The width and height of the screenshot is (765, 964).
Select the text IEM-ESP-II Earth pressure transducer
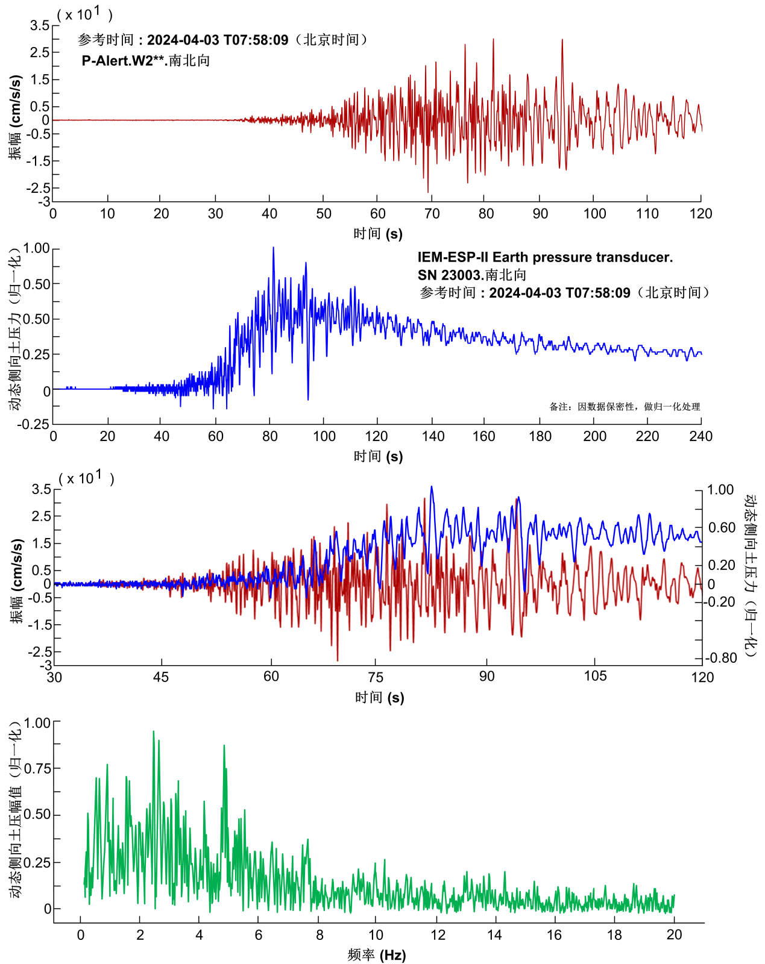[x=545, y=257]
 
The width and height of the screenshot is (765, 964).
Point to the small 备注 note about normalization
[x=625, y=407]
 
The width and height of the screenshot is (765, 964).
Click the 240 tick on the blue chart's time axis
[x=700, y=436]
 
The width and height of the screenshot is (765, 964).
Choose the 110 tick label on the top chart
[x=647, y=213]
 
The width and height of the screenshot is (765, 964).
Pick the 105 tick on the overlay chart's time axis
[x=595, y=676]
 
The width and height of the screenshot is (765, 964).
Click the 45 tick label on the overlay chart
[x=161, y=677]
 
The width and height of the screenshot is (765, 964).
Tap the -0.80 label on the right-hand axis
[x=722, y=658]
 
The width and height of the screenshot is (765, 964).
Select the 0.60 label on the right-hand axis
[x=722, y=528]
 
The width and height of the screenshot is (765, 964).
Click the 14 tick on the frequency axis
[x=495, y=934]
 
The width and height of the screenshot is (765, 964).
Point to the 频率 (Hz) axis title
[x=377, y=955]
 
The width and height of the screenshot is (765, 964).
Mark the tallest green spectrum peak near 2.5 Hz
[x=154, y=732]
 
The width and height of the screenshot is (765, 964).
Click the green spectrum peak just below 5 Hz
[x=224, y=746]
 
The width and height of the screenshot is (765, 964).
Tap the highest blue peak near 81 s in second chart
[x=273, y=248]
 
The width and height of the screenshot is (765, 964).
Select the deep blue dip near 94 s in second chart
[x=308, y=399]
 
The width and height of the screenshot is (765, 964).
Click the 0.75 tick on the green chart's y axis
[x=38, y=768]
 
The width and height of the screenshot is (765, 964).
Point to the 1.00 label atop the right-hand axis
[x=720, y=490]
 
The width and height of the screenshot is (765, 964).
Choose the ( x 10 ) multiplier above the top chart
[x=85, y=14]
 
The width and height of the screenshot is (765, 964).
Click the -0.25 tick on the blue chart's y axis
[x=33, y=424]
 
